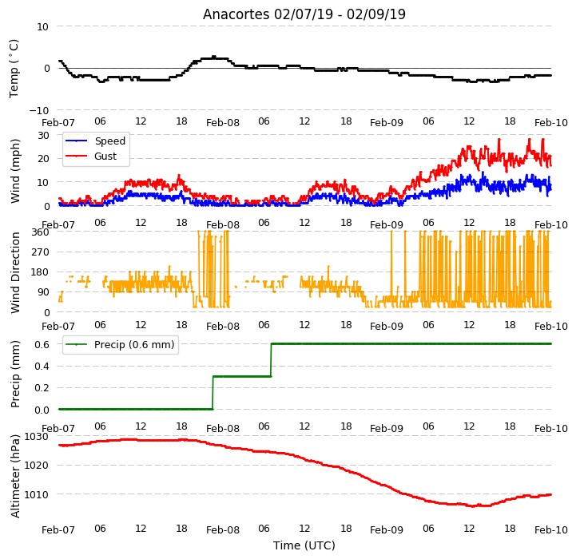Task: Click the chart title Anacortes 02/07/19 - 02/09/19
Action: pos(304,14)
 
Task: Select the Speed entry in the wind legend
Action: pos(110,141)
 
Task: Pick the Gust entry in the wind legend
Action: pos(105,156)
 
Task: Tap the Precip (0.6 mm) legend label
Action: pos(134,345)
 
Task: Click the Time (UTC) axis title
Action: pos(304,545)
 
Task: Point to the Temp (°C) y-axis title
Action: pos(14,69)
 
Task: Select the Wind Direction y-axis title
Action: pos(15,272)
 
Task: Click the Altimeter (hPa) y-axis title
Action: pos(15,477)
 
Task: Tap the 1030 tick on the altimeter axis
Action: pos(37,437)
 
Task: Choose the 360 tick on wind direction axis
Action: pos(41,232)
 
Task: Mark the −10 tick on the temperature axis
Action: pos(38,110)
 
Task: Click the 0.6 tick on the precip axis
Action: pos(42,344)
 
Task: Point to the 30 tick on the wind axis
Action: pos(43,136)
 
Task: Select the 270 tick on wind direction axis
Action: pos(41,252)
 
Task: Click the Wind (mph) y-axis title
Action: pos(15,171)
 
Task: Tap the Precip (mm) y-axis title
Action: pos(15,375)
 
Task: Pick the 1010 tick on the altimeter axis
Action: pos(37,495)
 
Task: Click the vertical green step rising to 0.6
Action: pos(271,360)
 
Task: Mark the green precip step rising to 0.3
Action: pos(213,393)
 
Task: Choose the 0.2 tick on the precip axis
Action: pos(42,388)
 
